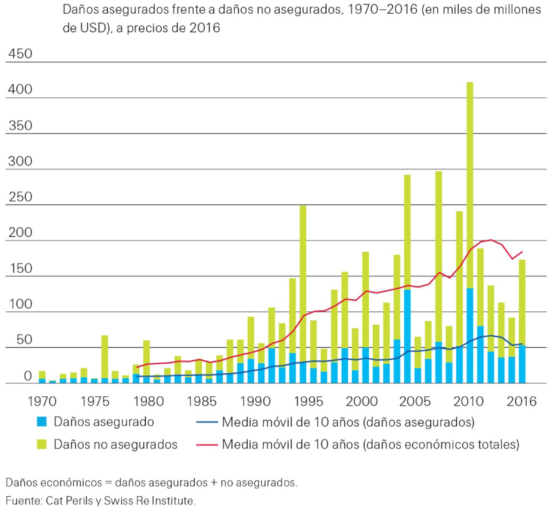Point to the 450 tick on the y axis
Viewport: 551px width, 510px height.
pyautogui.click(x=20, y=53)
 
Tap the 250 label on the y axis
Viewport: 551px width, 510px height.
pyautogui.click(x=20, y=197)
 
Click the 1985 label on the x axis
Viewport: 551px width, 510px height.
pyautogui.click(x=201, y=401)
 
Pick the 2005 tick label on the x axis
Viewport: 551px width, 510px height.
pyautogui.click(x=415, y=401)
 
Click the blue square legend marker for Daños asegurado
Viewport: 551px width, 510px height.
pyautogui.click(x=42, y=421)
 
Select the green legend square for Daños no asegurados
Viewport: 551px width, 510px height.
pyautogui.click(x=42, y=444)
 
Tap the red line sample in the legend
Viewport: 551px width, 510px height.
pyautogui.click(x=207, y=444)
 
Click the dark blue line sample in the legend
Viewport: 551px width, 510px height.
pyautogui.click(x=207, y=422)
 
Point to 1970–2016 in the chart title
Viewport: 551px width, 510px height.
pyautogui.click(x=382, y=10)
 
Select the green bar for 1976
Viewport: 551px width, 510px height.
pyautogui.click(x=105, y=356)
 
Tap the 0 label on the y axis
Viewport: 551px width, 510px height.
pyautogui.click(x=27, y=376)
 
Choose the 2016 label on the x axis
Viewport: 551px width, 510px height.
pyautogui.click(x=521, y=401)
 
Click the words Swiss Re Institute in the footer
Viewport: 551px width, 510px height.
pyautogui.click(x=149, y=501)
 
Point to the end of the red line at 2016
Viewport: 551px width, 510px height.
pyautogui.click(x=522, y=252)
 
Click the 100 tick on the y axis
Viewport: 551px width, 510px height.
pyautogui.click(x=20, y=304)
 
